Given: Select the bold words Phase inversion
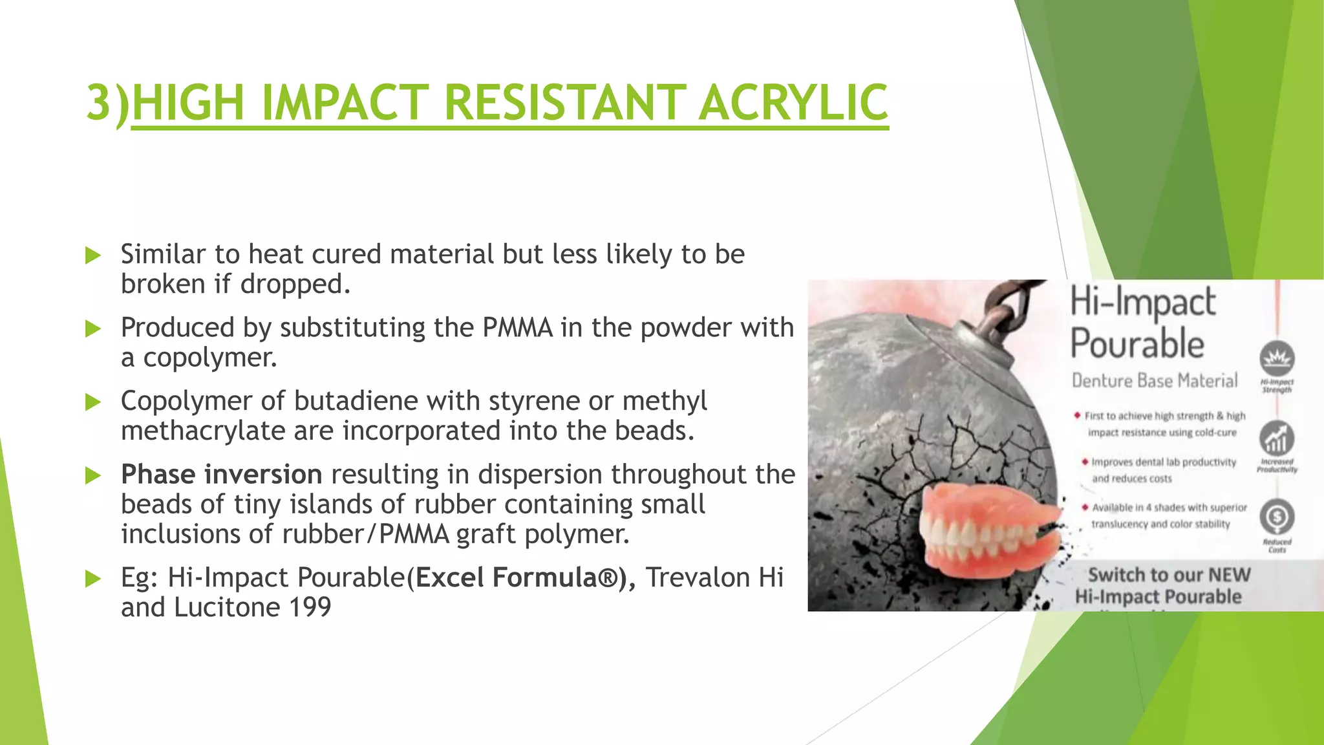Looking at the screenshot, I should click(221, 475).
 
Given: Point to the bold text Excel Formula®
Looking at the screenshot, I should click(517, 578).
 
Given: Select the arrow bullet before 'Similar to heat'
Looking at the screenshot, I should click(93, 255).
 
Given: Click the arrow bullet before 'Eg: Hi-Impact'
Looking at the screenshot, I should click(93, 578).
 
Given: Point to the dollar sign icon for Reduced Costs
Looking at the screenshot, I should click(1277, 517).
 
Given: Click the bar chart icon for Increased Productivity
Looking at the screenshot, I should click(1277, 438).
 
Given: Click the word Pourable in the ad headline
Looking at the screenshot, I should click(1137, 343).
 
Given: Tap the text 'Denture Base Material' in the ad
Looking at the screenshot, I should click(1155, 380).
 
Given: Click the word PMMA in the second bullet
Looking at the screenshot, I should click(517, 328).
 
